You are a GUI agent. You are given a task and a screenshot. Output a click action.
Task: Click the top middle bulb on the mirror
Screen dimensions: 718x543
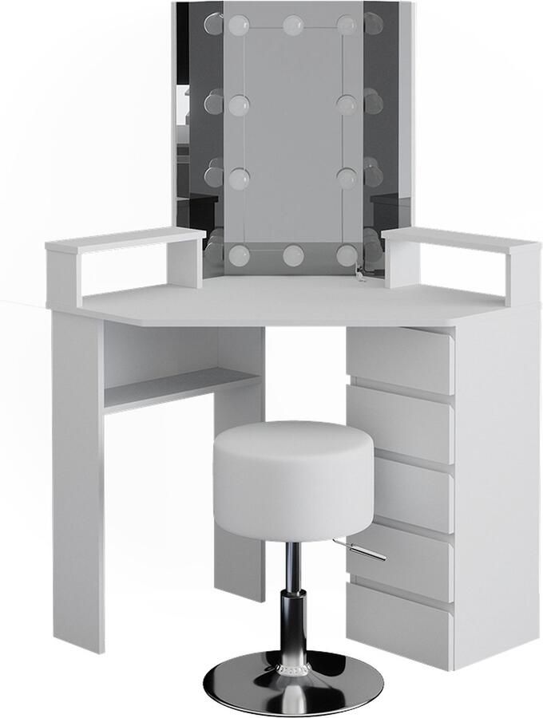(x=292, y=25)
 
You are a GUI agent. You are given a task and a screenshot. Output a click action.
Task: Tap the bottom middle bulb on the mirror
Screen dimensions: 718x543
(x=291, y=255)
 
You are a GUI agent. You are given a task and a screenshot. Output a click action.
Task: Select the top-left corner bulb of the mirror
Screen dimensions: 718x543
(x=238, y=26)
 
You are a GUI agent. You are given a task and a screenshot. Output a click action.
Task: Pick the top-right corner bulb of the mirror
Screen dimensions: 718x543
(x=346, y=26)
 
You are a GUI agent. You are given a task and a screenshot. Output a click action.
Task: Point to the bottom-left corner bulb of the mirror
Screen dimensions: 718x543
(x=238, y=255)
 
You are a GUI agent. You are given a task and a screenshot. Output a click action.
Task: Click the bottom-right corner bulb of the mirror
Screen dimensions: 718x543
(x=346, y=255)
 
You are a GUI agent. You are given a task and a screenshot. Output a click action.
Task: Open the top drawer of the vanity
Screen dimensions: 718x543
(x=399, y=359)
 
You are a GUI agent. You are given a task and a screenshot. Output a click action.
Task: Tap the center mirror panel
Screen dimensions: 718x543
(x=292, y=136)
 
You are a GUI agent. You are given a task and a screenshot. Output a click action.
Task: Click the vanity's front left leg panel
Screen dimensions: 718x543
(x=77, y=479)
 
